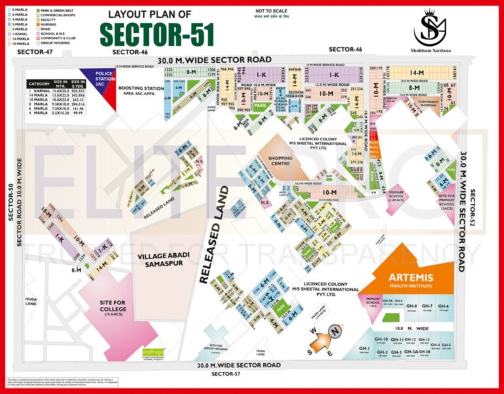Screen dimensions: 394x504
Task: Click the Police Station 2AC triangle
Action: click(x=96, y=82)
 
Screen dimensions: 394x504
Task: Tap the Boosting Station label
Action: click(x=140, y=90)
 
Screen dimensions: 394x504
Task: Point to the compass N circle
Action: click(x=335, y=332)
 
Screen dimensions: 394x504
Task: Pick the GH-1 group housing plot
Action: click(x=364, y=348)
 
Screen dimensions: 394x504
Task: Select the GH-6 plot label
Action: click(x=444, y=307)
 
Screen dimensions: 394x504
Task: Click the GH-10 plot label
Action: click(x=381, y=340)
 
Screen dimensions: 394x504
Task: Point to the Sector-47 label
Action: click(x=34, y=51)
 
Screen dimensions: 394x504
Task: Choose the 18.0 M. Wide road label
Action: click(x=413, y=326)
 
